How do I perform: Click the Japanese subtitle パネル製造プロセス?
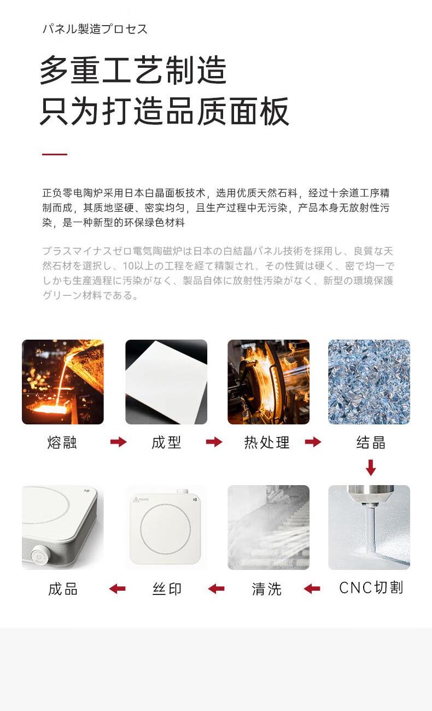(95, 29)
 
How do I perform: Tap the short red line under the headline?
(55, 154)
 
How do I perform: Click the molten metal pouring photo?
(62, 382)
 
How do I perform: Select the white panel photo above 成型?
(166, 382)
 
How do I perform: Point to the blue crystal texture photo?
(369, 382)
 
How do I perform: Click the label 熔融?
(62, 442)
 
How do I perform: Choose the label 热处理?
(267, 442)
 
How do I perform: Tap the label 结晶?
(371, 442)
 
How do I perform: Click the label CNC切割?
(371, 587)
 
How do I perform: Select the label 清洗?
(267, 589)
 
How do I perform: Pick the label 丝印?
(167, 589)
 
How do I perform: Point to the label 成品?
(63, 589)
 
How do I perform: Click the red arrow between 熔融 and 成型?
(119, 441)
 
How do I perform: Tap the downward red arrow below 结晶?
(371, 467)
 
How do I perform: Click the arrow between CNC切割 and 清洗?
(312, 589)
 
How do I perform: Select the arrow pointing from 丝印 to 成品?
(117, 589)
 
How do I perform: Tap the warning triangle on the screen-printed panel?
(136, 499)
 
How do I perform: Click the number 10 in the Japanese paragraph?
(129, 266)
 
